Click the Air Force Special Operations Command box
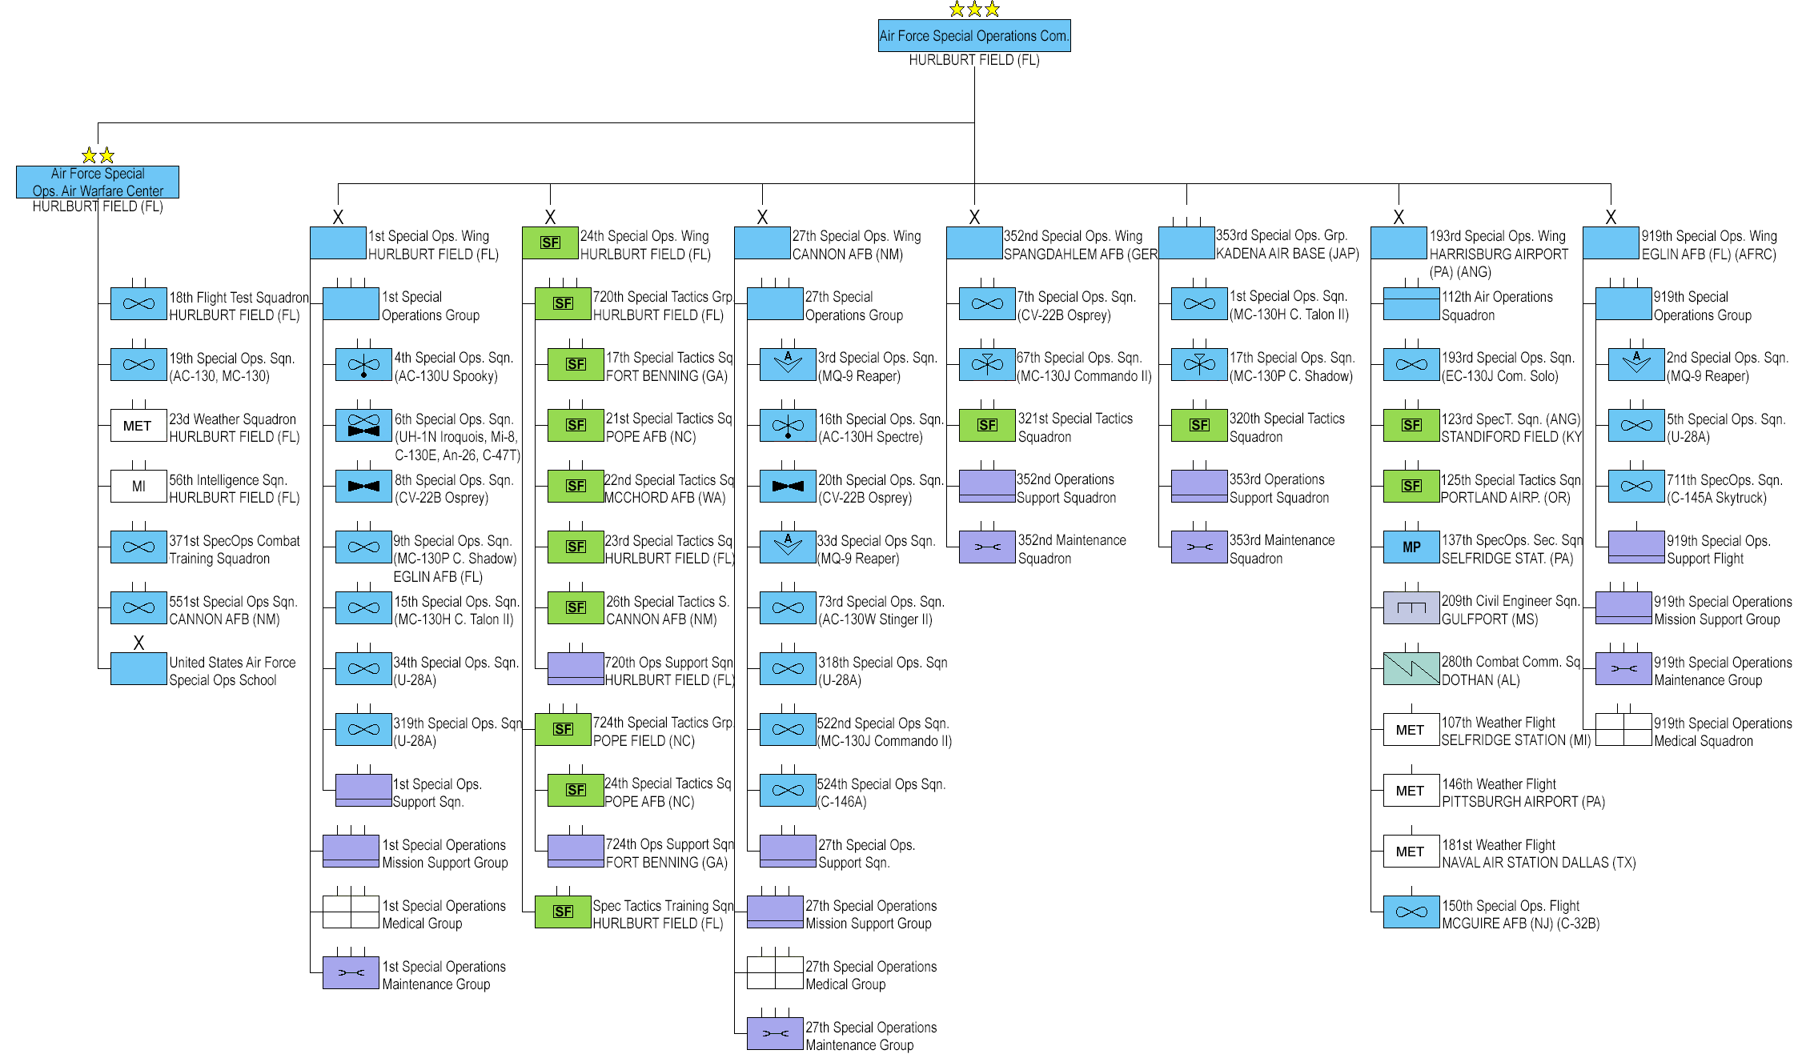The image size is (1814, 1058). coord(973,36)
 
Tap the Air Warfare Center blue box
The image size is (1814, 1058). coord(98,182)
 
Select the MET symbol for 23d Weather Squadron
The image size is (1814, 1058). coord(138,426)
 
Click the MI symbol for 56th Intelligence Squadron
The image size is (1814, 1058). coord(138,487)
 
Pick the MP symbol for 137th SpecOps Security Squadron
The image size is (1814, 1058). coord(1411,547)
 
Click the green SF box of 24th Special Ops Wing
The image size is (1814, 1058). coord(550,242)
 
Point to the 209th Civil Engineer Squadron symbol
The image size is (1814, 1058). coord(1411,608)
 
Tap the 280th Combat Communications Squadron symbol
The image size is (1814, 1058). coord(1411,669)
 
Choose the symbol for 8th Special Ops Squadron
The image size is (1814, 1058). coord(363,487)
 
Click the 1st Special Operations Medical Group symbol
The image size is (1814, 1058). coord(351,912)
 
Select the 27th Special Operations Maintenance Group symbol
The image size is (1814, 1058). coord(775,1034)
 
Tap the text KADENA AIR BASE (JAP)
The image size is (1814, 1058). coord(1287,254)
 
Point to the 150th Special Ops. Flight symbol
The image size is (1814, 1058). coord(1411,912)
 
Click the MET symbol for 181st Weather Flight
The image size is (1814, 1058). coord(1411,852)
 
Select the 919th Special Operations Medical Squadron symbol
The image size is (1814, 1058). coord(1623,730)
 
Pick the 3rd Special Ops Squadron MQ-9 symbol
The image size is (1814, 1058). coord(788,364)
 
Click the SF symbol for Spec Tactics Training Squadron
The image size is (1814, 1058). coord(563,912)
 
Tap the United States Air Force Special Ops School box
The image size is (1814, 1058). coord(138,669)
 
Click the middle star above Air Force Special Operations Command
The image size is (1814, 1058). coord(974,10)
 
